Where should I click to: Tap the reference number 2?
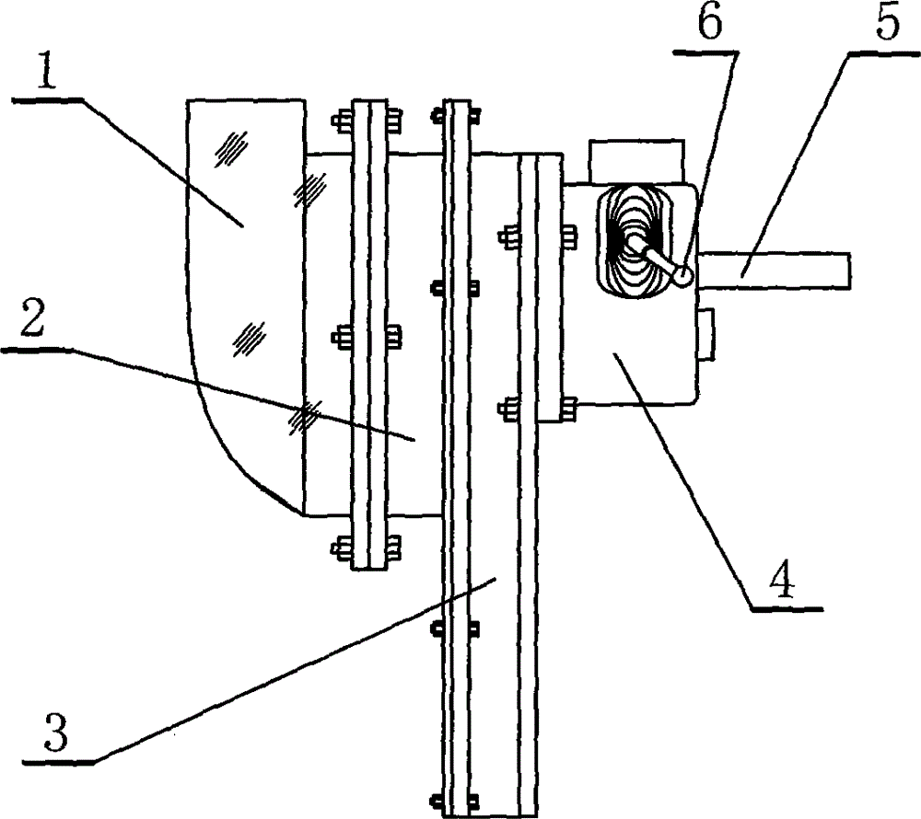32,317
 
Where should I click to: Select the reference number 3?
56,732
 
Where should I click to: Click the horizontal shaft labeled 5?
775,270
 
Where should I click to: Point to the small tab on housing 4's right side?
705,334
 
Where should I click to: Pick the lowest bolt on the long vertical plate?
455,801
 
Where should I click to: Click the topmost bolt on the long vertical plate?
455,116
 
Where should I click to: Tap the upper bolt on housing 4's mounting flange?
538,236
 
